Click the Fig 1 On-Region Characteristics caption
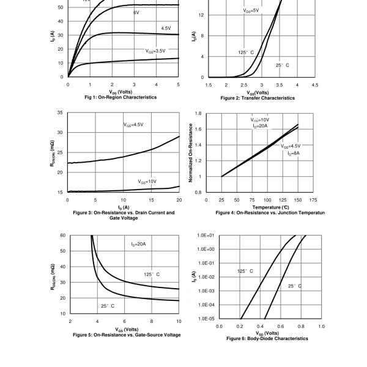120,97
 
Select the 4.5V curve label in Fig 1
166,28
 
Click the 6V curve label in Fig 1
136,12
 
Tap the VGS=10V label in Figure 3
147,182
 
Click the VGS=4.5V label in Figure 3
133,125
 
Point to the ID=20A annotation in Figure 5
138,244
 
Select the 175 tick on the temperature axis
313,200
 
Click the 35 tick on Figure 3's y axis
59,113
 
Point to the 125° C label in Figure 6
245,271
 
